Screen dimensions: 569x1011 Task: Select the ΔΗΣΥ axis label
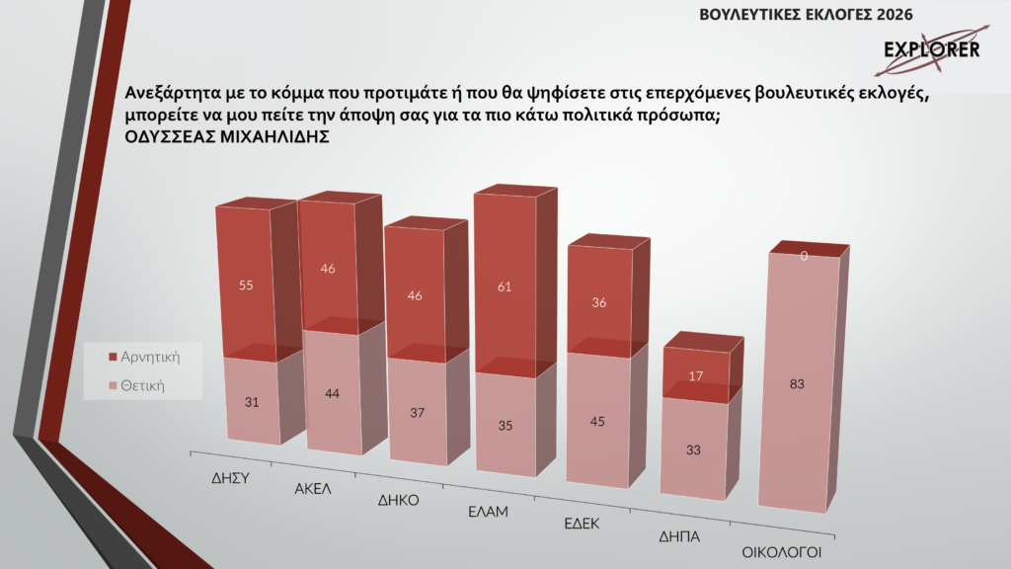[x=229, y=475]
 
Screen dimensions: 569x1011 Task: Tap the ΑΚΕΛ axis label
[x=312, y=488]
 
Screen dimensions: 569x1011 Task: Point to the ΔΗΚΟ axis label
[x=399, y=500]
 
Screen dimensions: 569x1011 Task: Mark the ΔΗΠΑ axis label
[x=679, y=538]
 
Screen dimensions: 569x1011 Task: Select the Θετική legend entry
[x=143, y=384]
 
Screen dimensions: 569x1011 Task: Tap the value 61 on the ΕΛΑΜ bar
[x=504, y=287]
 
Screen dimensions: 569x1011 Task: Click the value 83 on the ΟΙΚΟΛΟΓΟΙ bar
[x=797, y=385]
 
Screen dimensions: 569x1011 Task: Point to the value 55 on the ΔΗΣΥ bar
[x=246, y=285]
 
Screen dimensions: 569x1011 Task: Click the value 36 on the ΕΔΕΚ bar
[x=598, y=303]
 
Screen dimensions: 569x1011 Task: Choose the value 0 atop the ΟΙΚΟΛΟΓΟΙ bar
[x=805, y=256]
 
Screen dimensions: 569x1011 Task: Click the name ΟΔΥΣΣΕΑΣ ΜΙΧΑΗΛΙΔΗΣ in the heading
[x=227, y=139]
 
